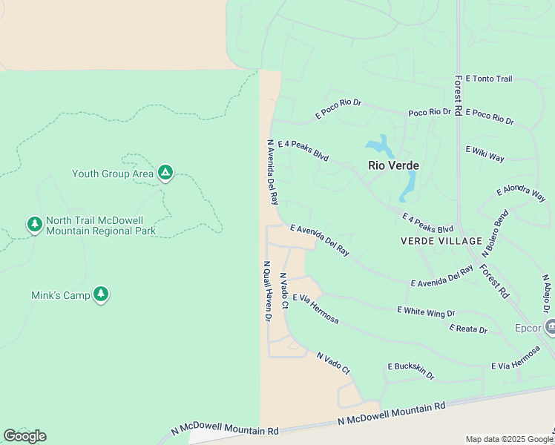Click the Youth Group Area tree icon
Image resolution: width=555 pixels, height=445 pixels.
(165, 174)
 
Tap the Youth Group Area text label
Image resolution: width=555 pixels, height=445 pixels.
(113, 174)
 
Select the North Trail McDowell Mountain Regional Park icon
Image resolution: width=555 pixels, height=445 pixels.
(34, 224)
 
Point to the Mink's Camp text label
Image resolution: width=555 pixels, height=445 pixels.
(61, 295)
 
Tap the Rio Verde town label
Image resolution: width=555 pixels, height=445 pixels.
(393, 165)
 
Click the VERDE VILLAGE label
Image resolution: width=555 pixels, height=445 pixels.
(441, 241)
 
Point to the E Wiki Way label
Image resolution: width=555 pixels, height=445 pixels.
(485, 154)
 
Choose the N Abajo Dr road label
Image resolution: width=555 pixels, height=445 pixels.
(547, 294)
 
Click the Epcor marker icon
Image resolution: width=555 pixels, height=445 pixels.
(551, 326)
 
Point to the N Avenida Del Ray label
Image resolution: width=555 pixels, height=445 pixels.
(272, 172)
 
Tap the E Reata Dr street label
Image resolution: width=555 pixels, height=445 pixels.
(468, 329)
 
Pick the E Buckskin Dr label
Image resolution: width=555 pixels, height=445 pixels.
(410, 370)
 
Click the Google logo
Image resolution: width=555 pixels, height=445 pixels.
(24, 436)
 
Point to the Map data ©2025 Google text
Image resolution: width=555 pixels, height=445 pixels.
(509, 439)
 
